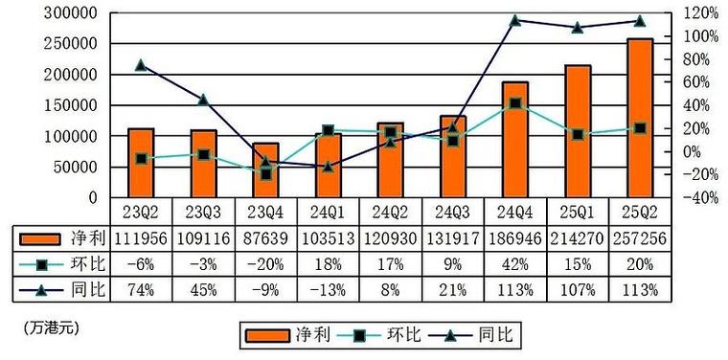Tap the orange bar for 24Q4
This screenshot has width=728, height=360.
(515, 140)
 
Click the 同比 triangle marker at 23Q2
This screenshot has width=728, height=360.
(141, 65)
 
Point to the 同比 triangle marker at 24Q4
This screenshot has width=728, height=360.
(515, 20)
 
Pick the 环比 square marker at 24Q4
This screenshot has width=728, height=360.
(515, 102)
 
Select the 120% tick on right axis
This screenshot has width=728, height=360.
(699, 13)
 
